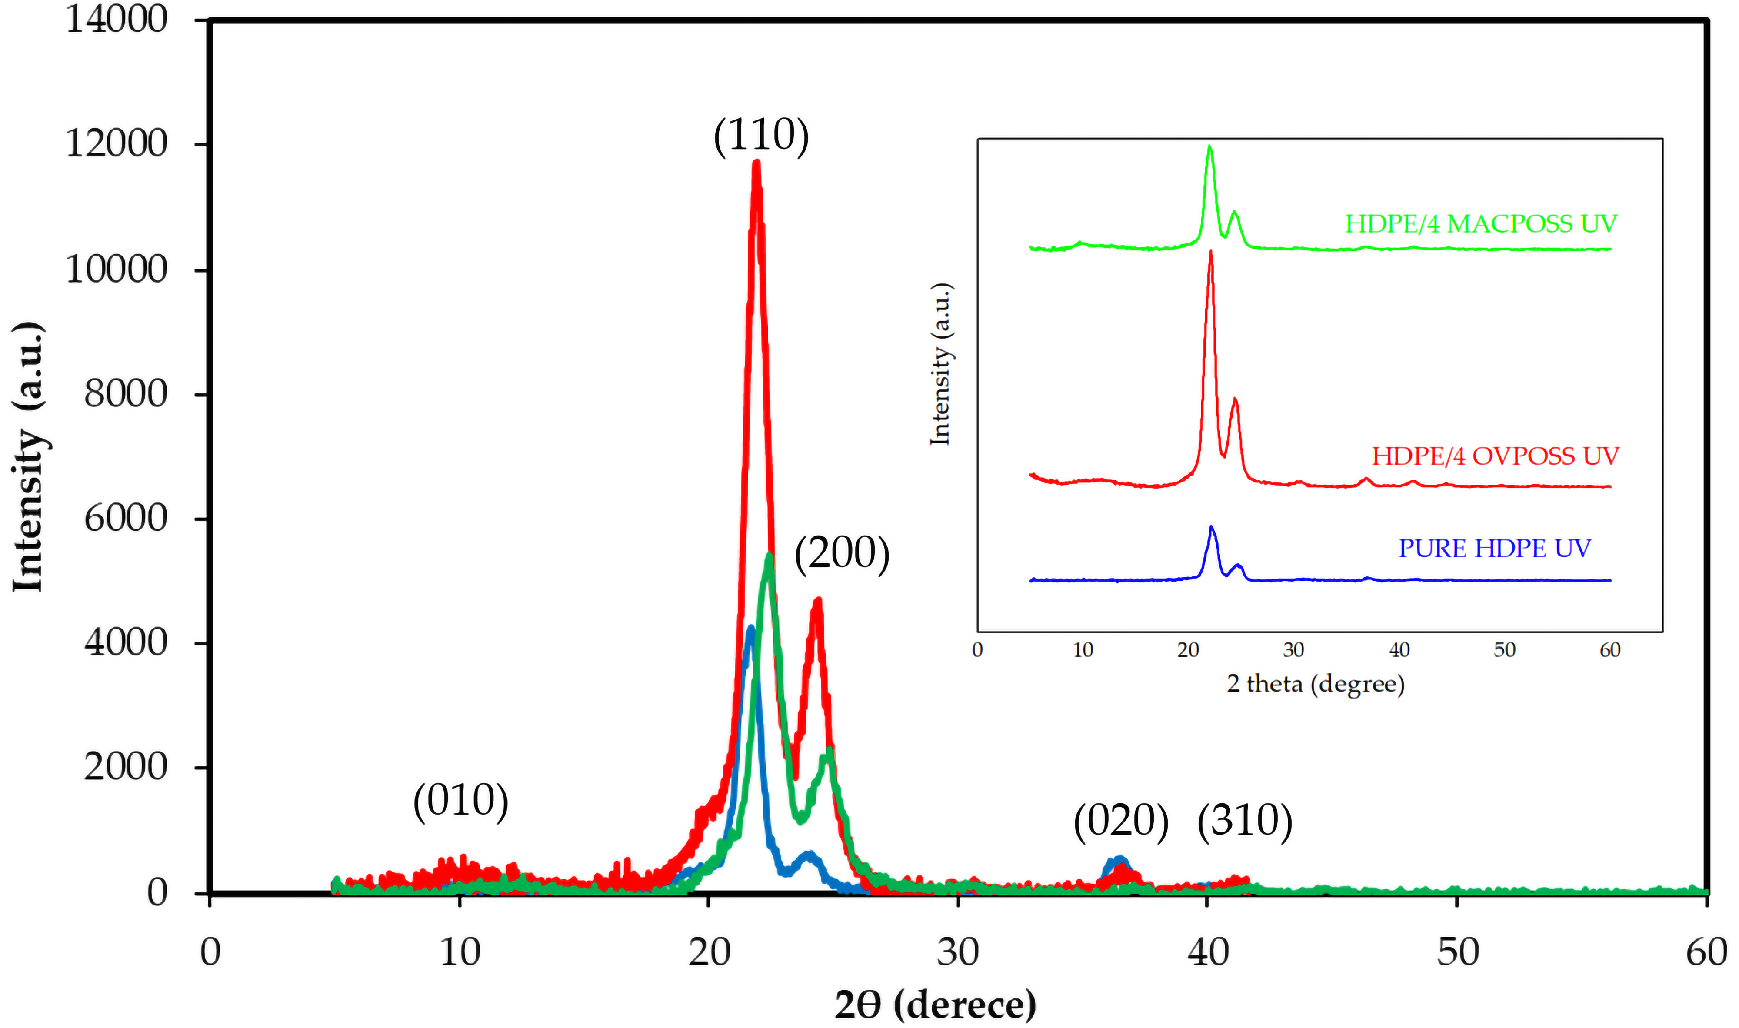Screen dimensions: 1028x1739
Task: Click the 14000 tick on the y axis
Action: (117, 20)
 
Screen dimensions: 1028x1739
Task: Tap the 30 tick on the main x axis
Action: (958, 952)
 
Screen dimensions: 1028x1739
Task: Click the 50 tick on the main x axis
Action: (1457, 952)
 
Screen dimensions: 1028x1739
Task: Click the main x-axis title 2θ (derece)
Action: (935, 1005)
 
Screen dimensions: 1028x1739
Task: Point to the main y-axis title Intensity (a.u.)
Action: (29, 457)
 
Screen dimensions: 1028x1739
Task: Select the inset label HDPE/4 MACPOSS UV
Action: (1481, 224)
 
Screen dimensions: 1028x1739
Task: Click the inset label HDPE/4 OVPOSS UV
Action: (1495, 456)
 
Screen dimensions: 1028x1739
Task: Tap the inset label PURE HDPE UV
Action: (1494, 548)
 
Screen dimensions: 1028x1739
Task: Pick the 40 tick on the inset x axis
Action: (1399, 650)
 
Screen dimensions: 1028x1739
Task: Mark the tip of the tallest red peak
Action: (756, 163)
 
